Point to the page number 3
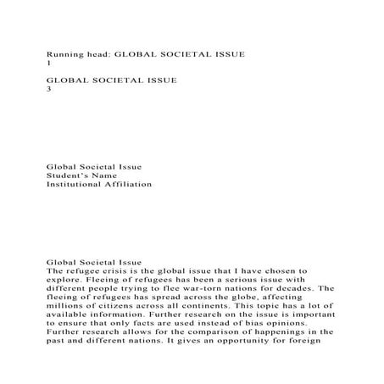click(47, 92)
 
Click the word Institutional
click(73, 184)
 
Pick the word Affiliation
click(129, 184)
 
